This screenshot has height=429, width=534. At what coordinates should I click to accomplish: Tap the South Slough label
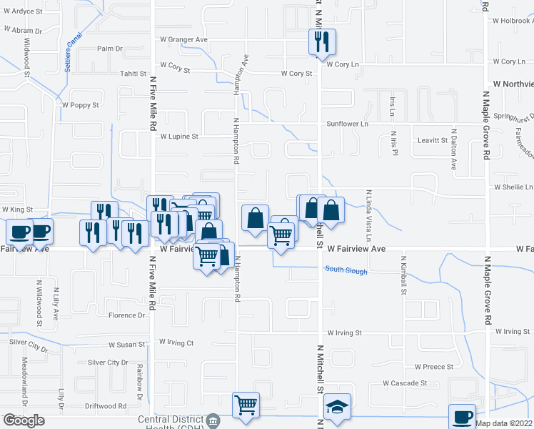point(346,271)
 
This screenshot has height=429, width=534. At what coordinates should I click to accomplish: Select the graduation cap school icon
point(338,407)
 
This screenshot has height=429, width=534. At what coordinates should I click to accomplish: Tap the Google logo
point(24,420)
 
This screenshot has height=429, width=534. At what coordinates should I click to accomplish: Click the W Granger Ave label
point(183,39)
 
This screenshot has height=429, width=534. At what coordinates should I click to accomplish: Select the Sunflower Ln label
point(348,124)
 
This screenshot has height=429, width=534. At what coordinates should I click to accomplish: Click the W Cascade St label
point(404,383)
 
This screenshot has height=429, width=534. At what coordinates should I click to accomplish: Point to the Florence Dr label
point(126,315)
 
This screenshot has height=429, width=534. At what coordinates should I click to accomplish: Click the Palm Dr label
point(110,49)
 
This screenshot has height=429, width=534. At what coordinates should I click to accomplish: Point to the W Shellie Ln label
point(513,187)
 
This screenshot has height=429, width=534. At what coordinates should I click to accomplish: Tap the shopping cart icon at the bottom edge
point(246,405)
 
